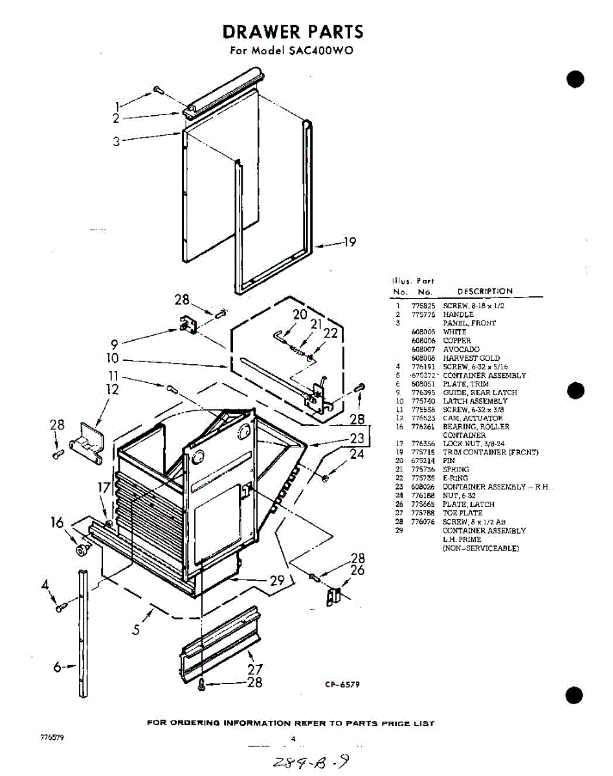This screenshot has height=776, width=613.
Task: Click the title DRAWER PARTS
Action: (x=293, y=32)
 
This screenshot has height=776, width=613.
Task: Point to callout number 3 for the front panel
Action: (x=117, y=142)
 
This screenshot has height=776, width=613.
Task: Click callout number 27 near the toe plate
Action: (x=255, y=670)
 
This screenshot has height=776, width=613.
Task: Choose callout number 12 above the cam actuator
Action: (x=113, y=389)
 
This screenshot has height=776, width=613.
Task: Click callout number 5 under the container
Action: (x=137, y=628)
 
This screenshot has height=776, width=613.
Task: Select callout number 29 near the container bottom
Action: (x=277, y=581)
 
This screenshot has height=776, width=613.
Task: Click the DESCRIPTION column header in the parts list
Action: (x=485, y=292)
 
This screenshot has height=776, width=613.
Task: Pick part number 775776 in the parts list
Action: (x=422, y=315)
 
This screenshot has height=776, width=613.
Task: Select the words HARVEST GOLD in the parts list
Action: (x=471, y=358)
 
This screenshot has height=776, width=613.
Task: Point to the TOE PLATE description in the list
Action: (x=463, y=513)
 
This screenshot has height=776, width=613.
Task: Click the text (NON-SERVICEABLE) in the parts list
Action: (x=480, y=548)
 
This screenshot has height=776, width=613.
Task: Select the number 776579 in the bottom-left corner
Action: (x=52, y=738)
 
